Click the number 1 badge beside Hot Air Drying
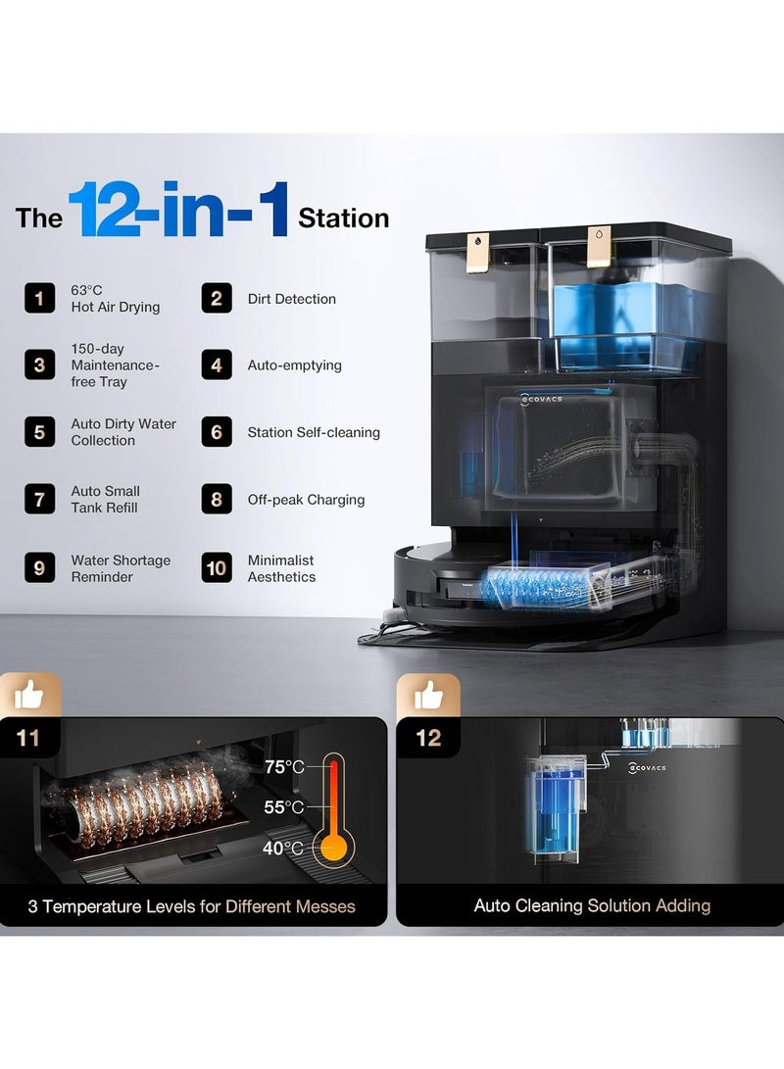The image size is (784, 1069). (x=39, y=299)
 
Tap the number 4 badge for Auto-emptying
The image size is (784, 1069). (x=217, y=364)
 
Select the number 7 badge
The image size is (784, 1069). (x=39, y=499)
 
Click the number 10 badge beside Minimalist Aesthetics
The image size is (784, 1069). (x=217, y=568)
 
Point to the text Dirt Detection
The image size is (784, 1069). (x=292, y=299)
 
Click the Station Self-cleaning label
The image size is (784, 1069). (x=314, y=432)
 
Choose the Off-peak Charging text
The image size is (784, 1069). (x=306, y=500)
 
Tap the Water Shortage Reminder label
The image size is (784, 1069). (x=121, y=568)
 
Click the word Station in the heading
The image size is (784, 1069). (x=344, y=219)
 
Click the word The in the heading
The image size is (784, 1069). (x=39, y=219)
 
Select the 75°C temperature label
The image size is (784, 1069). (x=284, y=767)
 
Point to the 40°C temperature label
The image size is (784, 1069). (x=283, y=849)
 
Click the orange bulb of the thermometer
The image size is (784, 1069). (x=333, y=849)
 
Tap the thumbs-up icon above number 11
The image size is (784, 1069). (x=29, y=696)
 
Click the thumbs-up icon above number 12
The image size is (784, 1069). (x=427, y=696)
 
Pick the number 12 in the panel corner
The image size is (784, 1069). (x=429, y=738)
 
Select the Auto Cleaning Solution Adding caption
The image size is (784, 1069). (x=592, y=905)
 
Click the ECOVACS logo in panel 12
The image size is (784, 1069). (x=648, y=767)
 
